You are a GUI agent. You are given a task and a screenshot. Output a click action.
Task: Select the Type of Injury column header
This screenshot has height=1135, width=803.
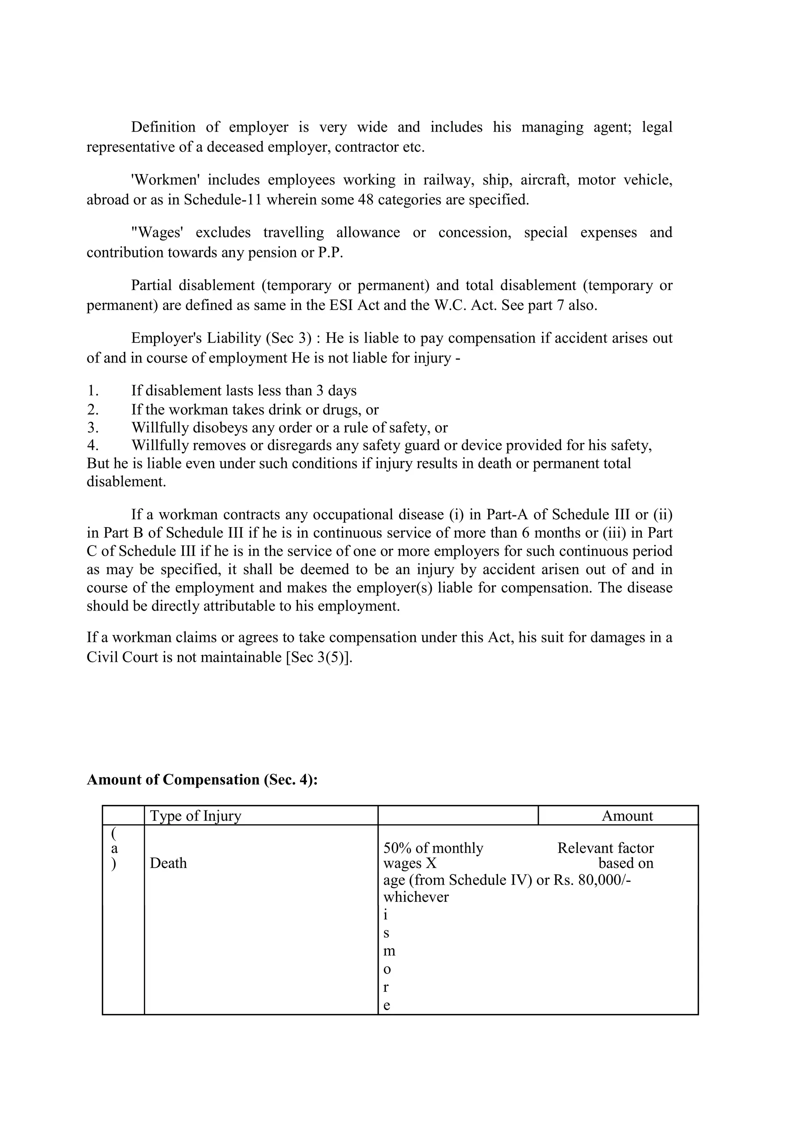tap(195, 816)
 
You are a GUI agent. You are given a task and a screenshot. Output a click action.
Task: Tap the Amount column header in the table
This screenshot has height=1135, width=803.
tap(627, 816)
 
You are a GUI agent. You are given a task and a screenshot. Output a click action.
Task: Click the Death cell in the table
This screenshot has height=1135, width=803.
tap(168, 863)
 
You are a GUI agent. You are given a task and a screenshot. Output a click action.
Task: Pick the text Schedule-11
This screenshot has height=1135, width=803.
tap(222, 200)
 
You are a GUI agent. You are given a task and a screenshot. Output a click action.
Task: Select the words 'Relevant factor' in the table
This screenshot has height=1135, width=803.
tap(605, 848)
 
